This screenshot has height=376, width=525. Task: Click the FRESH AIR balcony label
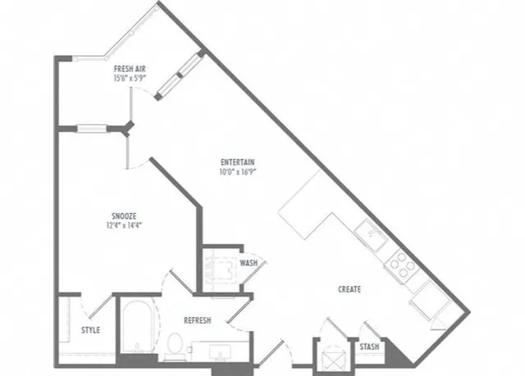(x=130, y=69)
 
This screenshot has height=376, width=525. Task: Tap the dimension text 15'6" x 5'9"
(x=130, y=78)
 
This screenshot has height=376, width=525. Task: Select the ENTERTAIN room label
(x=238, y=162)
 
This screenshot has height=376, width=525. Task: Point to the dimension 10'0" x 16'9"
(x=238, y=172)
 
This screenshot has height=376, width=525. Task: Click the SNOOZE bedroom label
(x=124, y=216)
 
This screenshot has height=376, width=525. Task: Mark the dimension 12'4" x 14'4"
(x=124, y=225)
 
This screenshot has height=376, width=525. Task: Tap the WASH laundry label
(x=249, y=263)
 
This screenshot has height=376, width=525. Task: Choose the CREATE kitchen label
(x=349, y=289)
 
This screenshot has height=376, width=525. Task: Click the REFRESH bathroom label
(x=198, y=320)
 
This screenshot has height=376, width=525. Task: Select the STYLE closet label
(x=91, y=330)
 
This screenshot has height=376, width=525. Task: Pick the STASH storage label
(x=369, y=347)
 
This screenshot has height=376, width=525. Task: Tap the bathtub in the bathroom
(x=137, y=326)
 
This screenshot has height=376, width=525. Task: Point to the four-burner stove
(x=402, y=264)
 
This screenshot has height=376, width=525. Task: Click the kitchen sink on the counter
(x=372, y=235)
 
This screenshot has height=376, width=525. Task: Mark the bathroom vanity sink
(x=220, y=352)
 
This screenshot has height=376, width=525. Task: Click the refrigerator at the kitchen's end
(x=429, y=299)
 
